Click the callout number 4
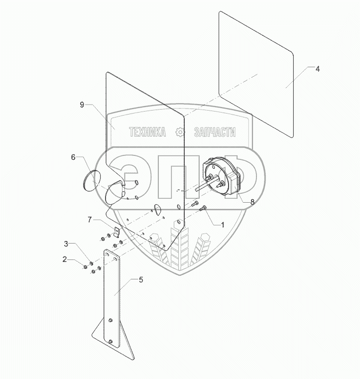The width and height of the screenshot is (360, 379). tap(317, 69)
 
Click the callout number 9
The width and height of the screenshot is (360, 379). tap(82, 104)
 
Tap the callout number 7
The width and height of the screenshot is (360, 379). tap(90, 219)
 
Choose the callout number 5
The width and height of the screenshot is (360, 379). tap(141, 280)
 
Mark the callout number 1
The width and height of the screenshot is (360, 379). tap(222, 225)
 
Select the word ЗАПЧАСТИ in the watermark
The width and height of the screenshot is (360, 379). tap(214, 132)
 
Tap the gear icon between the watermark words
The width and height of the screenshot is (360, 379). tap(180, 132)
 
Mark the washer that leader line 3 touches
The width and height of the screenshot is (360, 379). tap(91, 262)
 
